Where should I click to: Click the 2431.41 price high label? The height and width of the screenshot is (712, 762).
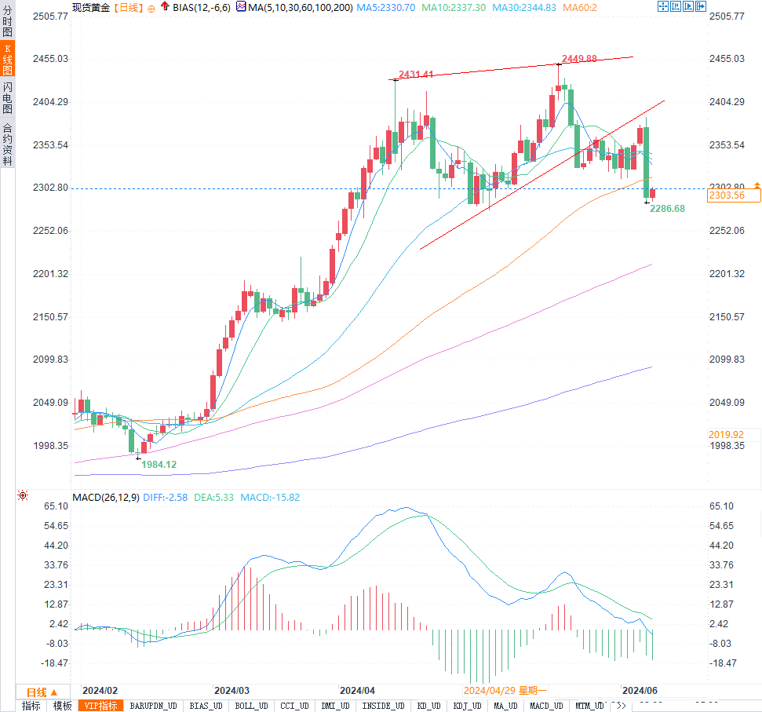pyautogui.click(x=416, y=75)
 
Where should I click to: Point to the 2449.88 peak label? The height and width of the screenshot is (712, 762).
pyautogui.click(x=580, y=59)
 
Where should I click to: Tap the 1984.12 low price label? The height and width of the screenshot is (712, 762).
pyautogui.click(x=159, y=464)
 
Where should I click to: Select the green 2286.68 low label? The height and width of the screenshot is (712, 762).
pyautogui.click(x=667, y=208)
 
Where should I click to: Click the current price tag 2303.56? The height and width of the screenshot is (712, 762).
pyautogui.click(x=726, y=195)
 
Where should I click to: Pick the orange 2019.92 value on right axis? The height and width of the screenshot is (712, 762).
pyautogui.click(x=726, y=434)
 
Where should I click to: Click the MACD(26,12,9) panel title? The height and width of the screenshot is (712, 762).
pyautogui.click(x=104, y=497)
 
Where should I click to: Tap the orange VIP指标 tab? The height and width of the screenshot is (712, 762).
pyautogui.click(x=102, y=706)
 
